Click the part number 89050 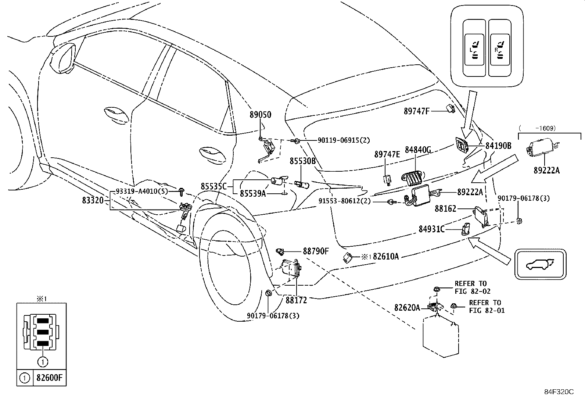[260, 115]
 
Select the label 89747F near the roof [416, 111]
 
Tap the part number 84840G [418, 150]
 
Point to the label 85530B [302, 161]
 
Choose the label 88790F [316, 251]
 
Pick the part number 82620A [407, 307]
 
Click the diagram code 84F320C [559, 392]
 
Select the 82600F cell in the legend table [50, 378]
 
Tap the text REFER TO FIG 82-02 [472, 287]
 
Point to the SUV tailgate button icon [540, 264]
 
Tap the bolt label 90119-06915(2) [339, 140]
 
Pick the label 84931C [431, 229]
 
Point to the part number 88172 [296, 300]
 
